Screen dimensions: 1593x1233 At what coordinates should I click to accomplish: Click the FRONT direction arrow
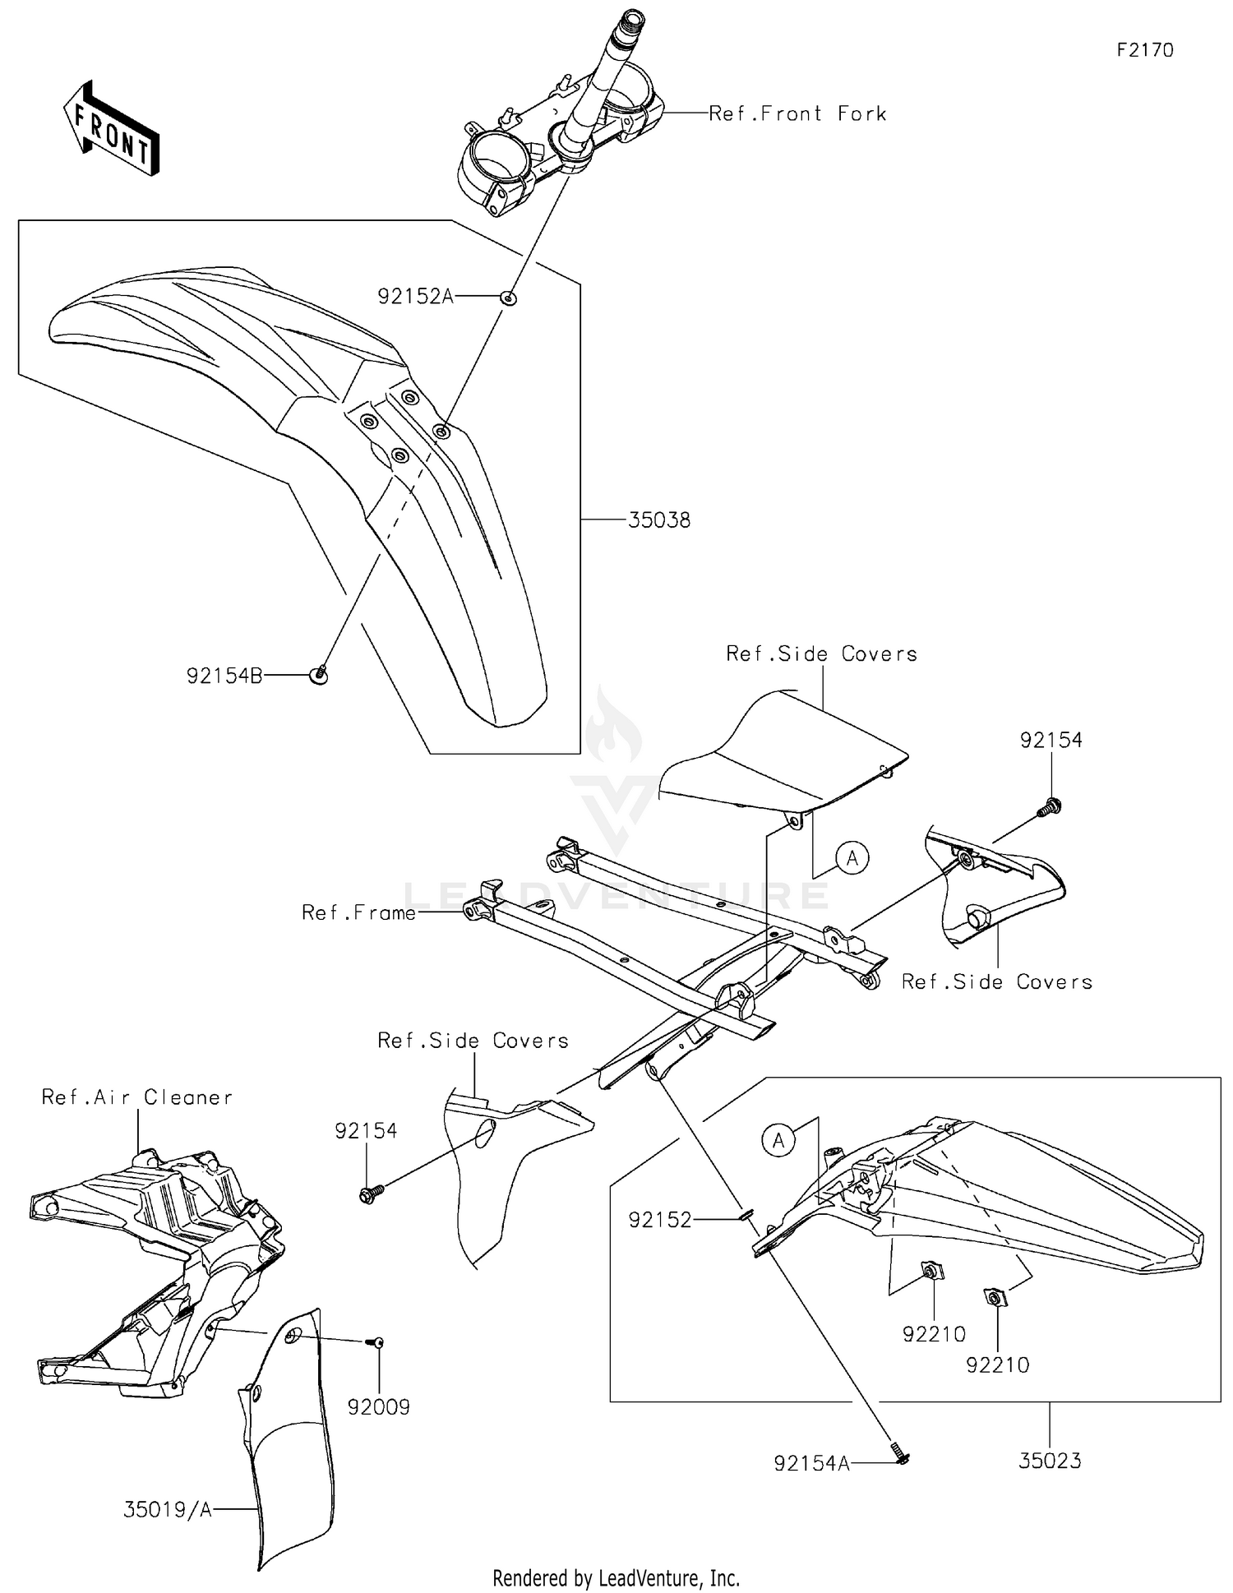click(111, 129)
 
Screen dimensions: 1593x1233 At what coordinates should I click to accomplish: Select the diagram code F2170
click(1144, 50)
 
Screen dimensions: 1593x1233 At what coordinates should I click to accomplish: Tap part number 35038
click(659, 520)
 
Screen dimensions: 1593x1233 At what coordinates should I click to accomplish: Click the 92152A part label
click(416, 297)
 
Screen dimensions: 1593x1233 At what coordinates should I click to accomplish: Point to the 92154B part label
click(224, 676)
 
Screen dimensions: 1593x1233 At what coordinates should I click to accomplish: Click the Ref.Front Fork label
click(797, 113)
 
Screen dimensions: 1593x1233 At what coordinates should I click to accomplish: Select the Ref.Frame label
click(358, 912)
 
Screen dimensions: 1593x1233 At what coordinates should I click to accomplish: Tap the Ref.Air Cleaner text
click(137, 1097)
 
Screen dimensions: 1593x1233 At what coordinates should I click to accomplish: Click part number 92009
click(378, 1407)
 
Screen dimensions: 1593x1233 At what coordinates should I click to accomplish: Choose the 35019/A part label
click(168, 1509)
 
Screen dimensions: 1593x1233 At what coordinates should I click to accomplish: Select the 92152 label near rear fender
click(660, 1221)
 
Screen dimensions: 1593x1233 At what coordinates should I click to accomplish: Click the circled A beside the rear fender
click(778, 1140)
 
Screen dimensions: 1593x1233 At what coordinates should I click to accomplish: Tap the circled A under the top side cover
click(852, 858)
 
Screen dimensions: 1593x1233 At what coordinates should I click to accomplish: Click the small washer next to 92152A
click(509, 298)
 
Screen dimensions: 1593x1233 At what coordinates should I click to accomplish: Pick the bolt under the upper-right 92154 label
click(1049, 808)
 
